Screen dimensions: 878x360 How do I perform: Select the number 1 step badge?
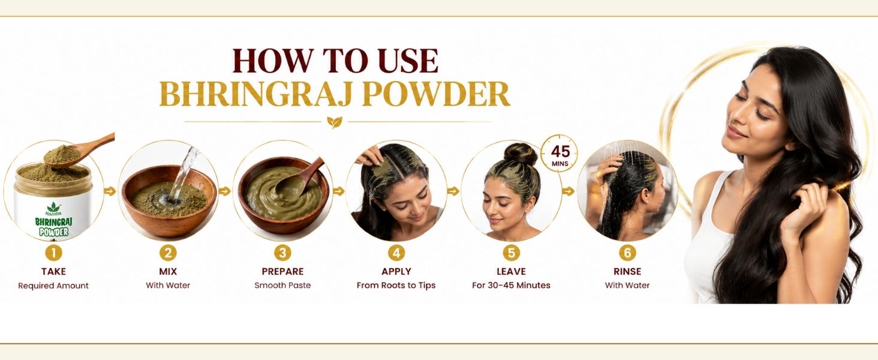click(x=53, y=253)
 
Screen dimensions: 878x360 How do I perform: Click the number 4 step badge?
click(x=396, y=253)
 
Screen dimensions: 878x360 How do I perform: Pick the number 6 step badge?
click(x=627, y=253)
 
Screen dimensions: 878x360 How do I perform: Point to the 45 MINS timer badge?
click(x=560, y=154)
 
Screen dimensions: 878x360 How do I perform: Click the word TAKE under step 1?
click(x=53, y=271)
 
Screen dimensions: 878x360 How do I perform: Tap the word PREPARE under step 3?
click(x=282, y=271)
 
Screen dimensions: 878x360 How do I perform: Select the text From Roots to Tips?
click(x=396, y=286)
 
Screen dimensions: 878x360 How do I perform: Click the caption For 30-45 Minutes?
click(x=511, y=286)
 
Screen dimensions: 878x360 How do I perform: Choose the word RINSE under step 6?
click(x=627, y=271)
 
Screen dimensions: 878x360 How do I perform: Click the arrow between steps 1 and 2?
click(x=110, y=191)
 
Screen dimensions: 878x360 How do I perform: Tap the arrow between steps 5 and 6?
click(x=568, y=191)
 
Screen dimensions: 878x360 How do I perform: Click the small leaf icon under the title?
click(x=334, y=122)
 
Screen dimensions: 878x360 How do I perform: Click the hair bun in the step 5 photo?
click(x=520, y=154)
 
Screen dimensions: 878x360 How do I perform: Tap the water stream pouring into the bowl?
click(x=184, y=173)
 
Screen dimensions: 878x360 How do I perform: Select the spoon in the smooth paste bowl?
click(x=299, y=177)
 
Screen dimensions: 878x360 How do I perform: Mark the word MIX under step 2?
click(x=168, y=271)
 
